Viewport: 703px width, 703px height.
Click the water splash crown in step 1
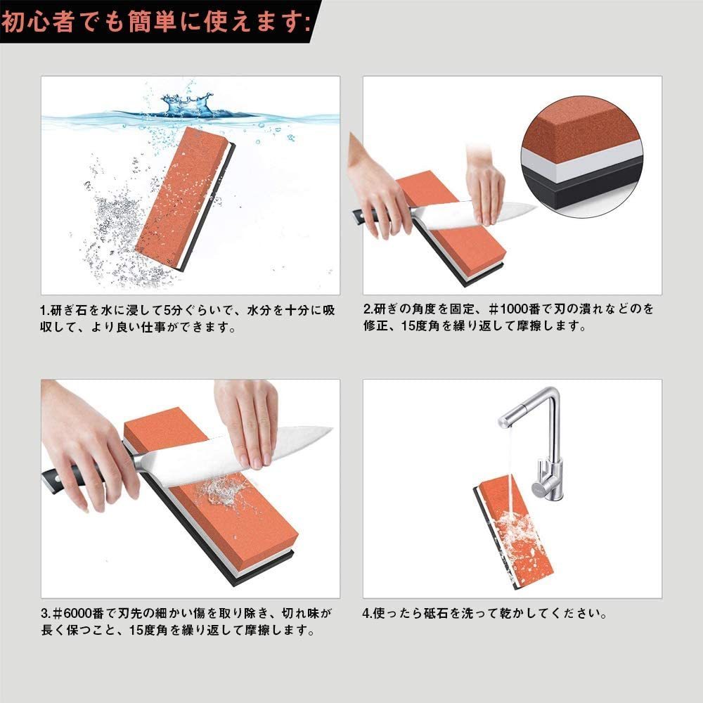coord(187,104)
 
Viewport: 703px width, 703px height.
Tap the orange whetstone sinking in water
coord(185,199)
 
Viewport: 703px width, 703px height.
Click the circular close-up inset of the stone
coord(582,157)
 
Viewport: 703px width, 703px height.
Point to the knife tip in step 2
coord(536,207)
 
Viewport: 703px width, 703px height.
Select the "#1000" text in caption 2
coord(513,309)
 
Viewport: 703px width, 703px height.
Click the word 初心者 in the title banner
coord(38,21)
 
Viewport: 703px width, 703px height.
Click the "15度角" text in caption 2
coord(420,326)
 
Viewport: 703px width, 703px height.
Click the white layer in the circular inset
coord(583,162)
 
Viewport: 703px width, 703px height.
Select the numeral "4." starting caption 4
coord(367,613)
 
